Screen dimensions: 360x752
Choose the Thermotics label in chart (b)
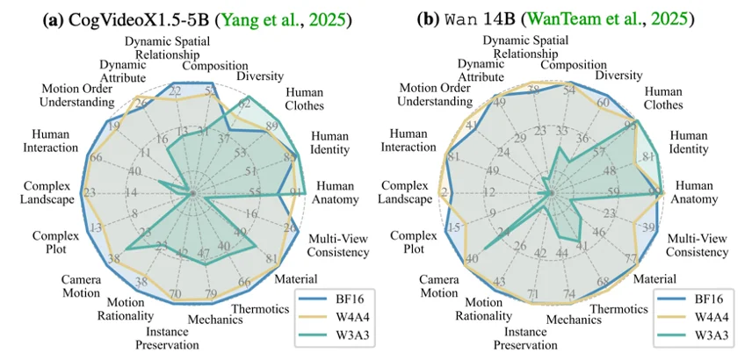tap(613, 308)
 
